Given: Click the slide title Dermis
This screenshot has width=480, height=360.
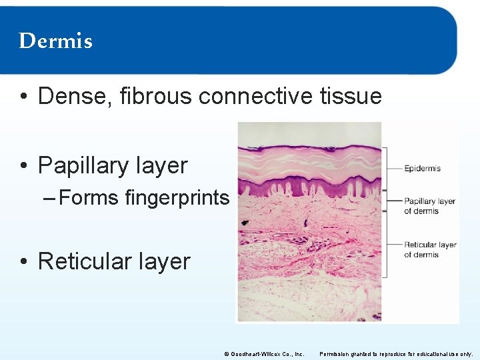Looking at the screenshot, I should (x=55, y=41).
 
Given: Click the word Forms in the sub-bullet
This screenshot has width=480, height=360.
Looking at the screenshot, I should (x=88, y=198).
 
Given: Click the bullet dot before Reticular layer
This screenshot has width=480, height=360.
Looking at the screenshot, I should (x=24, y=262).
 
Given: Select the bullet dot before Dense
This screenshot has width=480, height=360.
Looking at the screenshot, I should (x=24, y=97).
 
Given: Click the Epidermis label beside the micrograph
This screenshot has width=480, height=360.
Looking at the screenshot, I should (x=422, y=169).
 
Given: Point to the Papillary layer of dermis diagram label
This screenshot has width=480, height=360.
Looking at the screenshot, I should (x=429, y=206).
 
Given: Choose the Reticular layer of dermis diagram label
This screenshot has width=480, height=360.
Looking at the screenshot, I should (x=430, y=249).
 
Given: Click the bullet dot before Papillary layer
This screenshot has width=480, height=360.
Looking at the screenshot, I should (x=24, y=166).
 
